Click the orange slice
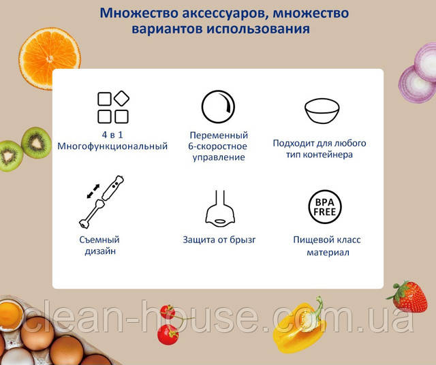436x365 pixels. pyautogui.click(x=50, y=59)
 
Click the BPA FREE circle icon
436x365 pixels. pyautogui.click(x=325, y=207)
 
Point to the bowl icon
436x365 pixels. pyautogui.click(x=322, y=110)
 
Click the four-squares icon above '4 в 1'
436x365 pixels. pyautogui.click(x=113, y=107)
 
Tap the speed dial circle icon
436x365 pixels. pyautogui.click(x=218, y=106)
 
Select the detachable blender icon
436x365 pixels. pyautogui.click(x=102, y=202)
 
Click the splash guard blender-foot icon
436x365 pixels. pyautogui.click(x=220, y=208)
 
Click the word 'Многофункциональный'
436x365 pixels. pyautogui.click(x=112, y=146)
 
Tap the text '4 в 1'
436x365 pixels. pyautogui.click(x=112, y=135)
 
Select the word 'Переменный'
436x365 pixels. pyautogui.click(x=219, y=136)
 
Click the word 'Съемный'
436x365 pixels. pyautogui.click(x=99, y=240)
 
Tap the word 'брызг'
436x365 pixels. pyautogui.click(x=242, y=240)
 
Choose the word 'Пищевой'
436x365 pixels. pyautogui.click(x=311, y=240)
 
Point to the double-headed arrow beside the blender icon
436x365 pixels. pyautogui.click(x=93, y=191)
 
